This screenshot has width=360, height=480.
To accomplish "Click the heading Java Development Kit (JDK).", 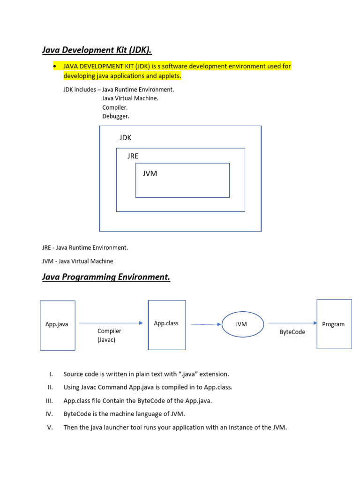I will tap(97, 50).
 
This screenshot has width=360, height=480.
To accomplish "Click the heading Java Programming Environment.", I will tap(106, 277).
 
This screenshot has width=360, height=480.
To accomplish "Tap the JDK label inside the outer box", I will tap(125, 138).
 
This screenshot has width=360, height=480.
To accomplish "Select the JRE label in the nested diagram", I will tap(133, 156).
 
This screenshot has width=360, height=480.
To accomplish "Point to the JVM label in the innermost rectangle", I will tap(150, 173).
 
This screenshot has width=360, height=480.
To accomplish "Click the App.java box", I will tap(57, 325).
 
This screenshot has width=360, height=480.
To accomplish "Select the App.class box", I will tap(166, 324).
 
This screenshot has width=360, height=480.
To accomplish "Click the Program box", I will tap(334, 324).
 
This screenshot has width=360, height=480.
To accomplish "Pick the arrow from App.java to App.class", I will tap(111, 323).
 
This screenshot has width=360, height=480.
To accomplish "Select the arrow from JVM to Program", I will tap(292, 323).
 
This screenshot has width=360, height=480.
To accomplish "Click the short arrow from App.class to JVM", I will tap(206, 324).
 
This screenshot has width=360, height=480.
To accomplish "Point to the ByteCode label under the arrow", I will tap(292, 332).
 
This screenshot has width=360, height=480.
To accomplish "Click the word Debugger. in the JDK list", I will tap(116, 116).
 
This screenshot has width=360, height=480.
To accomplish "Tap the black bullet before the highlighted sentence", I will tap(56, 67).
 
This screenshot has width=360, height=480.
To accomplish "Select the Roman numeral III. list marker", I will tap(50, 401).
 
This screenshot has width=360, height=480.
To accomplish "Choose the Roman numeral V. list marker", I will tap(50, 427).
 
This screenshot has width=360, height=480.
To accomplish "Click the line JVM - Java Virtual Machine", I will tap(77, 261).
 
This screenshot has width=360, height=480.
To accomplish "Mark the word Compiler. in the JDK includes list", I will tap(115, 107).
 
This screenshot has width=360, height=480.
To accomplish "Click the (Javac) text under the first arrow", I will tap(106, 340).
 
